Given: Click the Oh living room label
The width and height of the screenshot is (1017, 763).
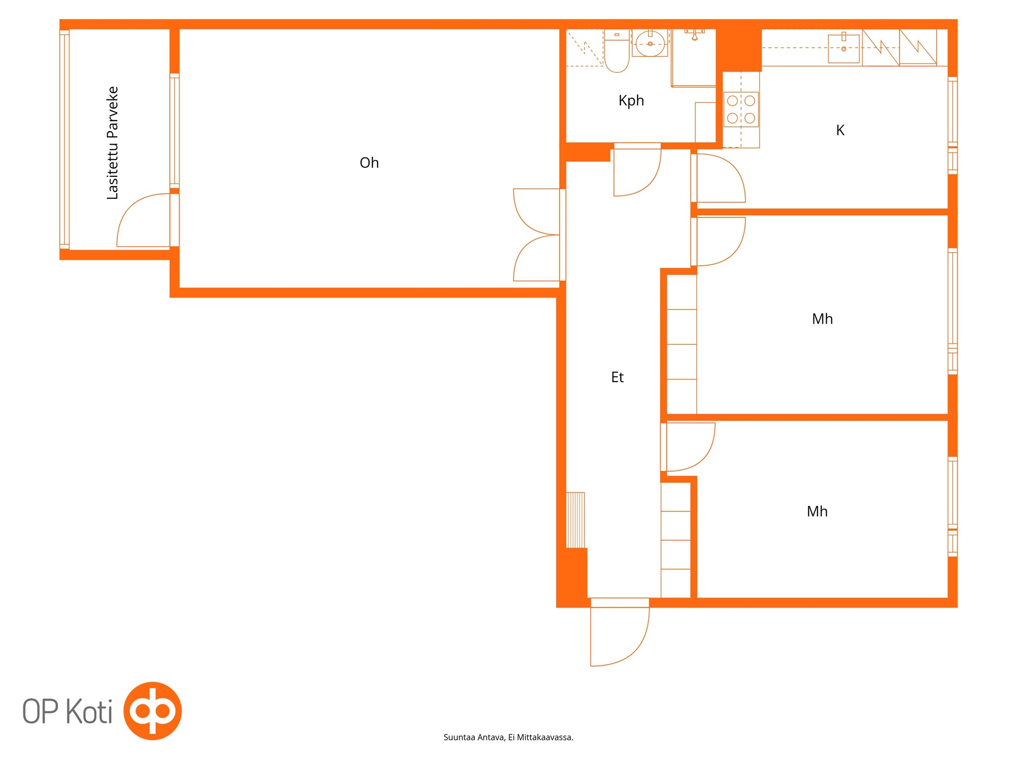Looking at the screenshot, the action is coord(369,163).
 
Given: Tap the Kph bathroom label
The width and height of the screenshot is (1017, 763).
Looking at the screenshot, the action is coord(631,101).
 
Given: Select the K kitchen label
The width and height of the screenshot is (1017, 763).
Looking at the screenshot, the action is coord(840,130).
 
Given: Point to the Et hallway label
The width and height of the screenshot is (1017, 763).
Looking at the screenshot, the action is coord(617,377).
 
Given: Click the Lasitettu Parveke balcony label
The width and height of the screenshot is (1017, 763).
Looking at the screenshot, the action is coord(113,143).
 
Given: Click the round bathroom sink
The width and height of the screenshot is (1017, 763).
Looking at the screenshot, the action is coord(650,43).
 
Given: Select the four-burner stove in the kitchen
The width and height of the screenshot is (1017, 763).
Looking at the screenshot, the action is coord(741,109).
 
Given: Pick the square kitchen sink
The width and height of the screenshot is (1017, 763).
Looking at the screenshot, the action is coord(843,49).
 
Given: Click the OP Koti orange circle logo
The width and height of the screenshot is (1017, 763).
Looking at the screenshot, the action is coord(153,711).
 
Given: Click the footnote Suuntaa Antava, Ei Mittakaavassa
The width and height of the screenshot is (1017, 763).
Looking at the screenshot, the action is coord(508,737).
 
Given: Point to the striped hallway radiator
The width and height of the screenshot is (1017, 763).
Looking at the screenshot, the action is coord(575,520).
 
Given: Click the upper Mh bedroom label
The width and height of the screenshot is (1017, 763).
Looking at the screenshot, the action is coord(822,319).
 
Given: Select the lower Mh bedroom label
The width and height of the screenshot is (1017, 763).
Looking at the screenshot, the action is coord(817,512).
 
